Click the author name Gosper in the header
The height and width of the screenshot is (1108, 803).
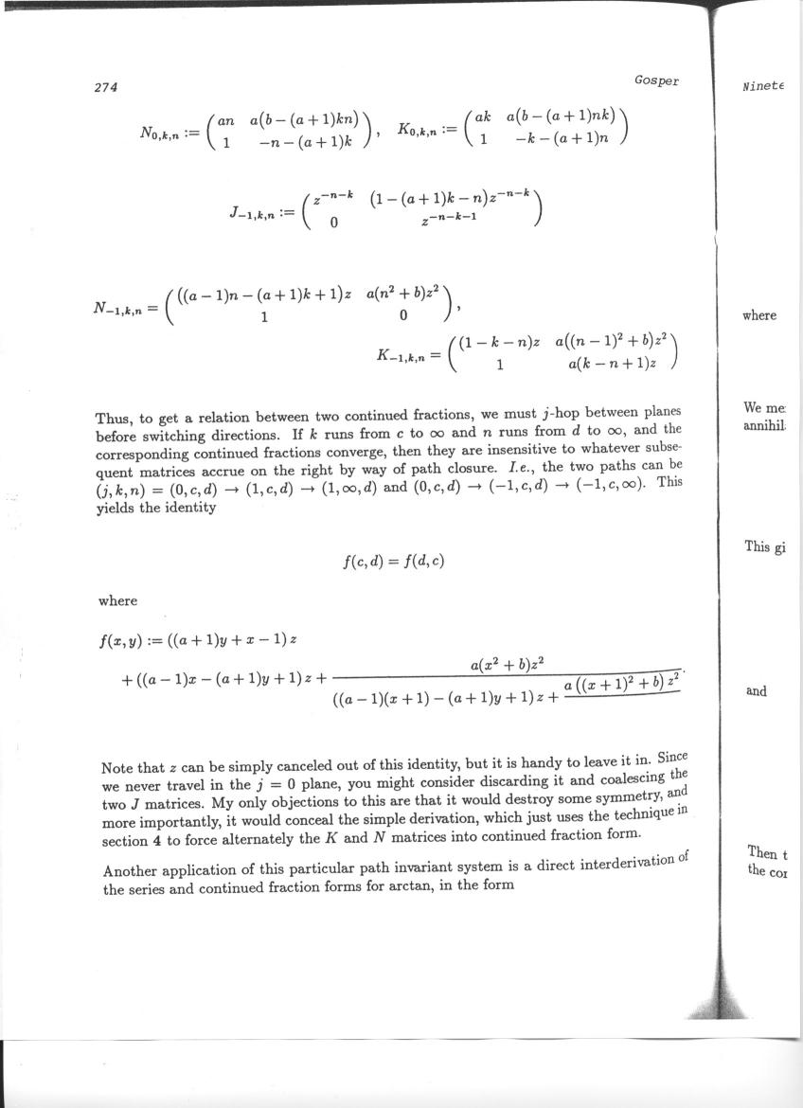pos(656,80)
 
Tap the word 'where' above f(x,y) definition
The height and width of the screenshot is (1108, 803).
pos(117,600)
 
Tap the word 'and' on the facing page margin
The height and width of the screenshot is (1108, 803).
pos(756,691)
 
